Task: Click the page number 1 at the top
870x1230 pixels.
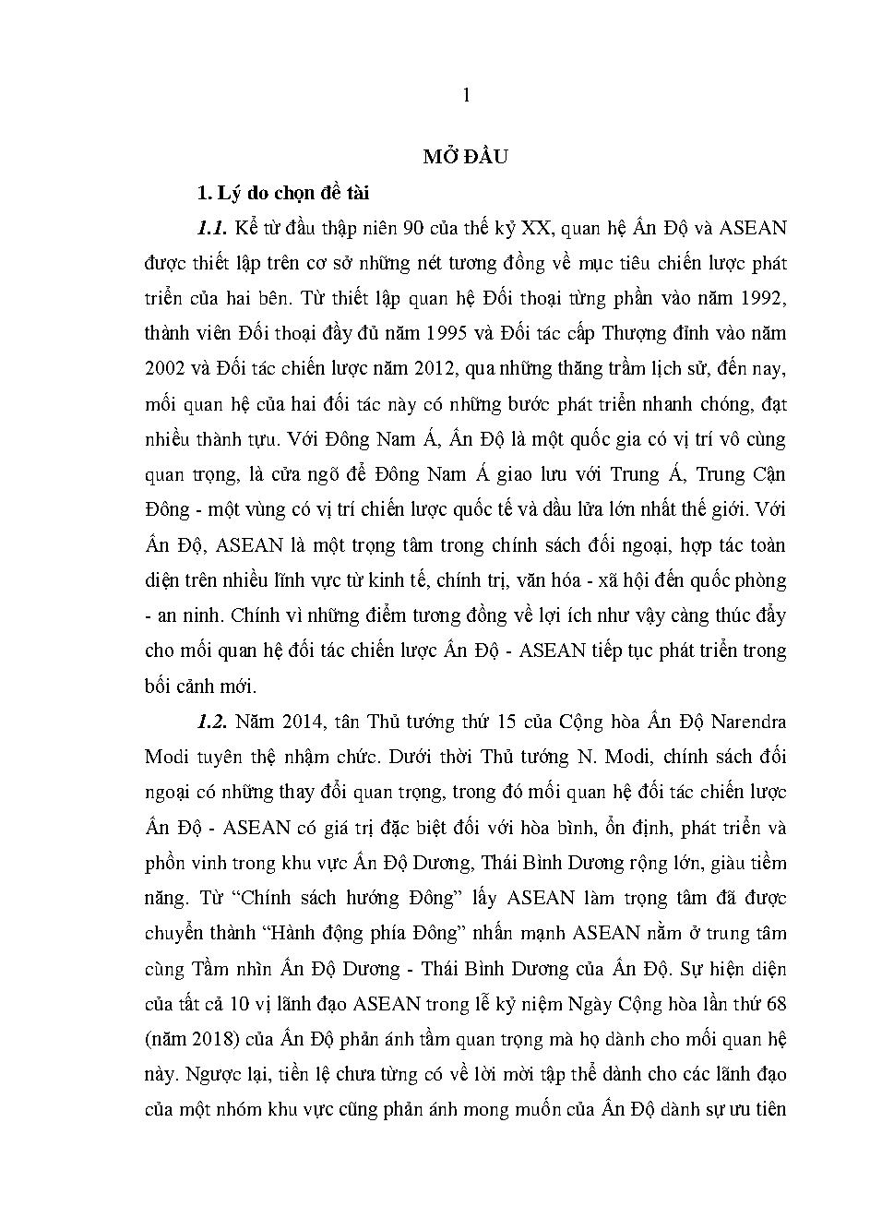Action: [x=466, y=95]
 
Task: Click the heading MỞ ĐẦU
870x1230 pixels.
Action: [x=466, y=157]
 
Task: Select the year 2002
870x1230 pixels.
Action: [x=165, y=368]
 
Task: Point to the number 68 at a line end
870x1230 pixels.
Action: [x=775, y=1003]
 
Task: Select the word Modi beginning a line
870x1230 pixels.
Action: [x=166, y=756]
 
